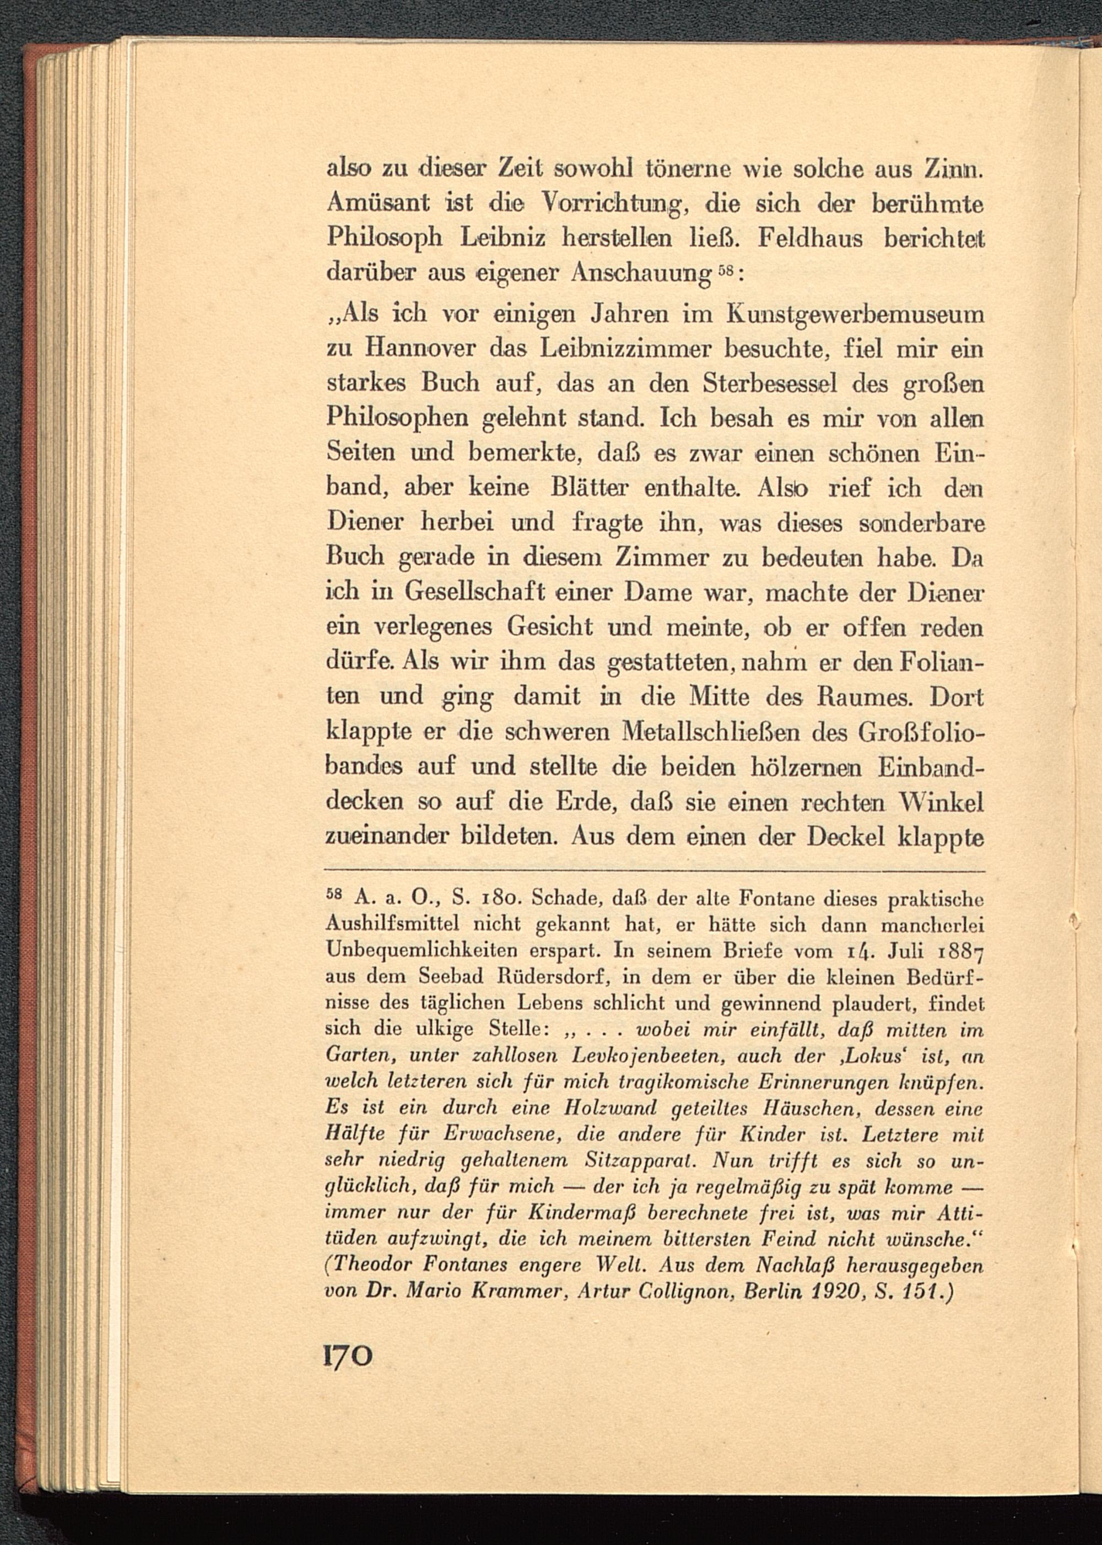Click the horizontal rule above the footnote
click(x=654, y=871)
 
